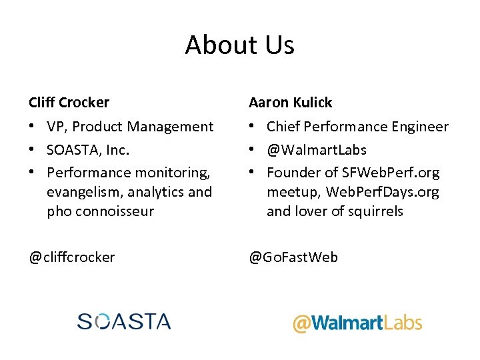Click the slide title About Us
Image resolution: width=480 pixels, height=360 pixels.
pyautogui.click(x=239, y=45)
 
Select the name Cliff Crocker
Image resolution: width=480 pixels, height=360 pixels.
pyautogui.click(x=69, y=103)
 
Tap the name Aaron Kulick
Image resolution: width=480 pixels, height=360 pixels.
pyautogui.click(x=290, y=103)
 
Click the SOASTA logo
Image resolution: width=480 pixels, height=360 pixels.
pyautogui.click(x=124, y=321)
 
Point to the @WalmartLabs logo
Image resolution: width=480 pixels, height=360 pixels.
pyautogui.click(x=357, y=323)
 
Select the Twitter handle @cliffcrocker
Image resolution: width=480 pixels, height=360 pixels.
pyautogui.click(x=71, y=257)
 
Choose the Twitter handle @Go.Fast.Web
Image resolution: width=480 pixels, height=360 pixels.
pyautogui.click(x=293, y=257)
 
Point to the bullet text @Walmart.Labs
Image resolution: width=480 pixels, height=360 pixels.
pyautogui.click(x=316, y=150)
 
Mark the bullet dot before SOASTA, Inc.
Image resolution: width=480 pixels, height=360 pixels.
pyautogui.click(x=33, y=150)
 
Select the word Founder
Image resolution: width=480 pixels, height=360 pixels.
pyautogui.click(x=291, y=173)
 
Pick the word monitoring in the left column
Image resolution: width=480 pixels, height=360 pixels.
pyautogui.click(x=176, y=173)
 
